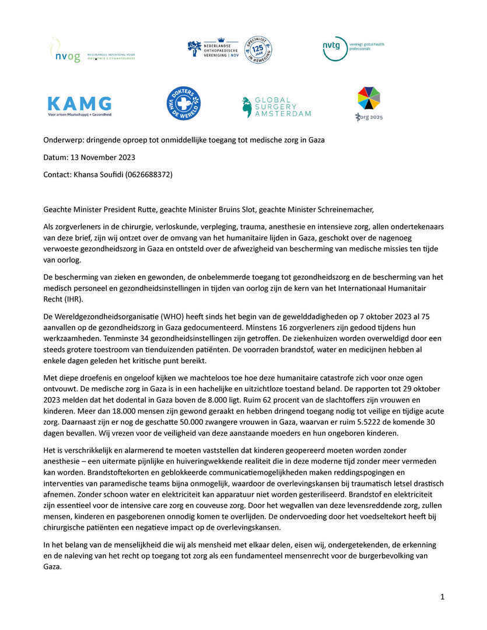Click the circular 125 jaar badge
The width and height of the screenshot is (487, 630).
257,50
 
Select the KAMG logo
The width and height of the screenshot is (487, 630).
79,106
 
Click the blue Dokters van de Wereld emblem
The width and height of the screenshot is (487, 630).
184,103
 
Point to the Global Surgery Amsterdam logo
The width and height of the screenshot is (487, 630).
276,107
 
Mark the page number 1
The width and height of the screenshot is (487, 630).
442,596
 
